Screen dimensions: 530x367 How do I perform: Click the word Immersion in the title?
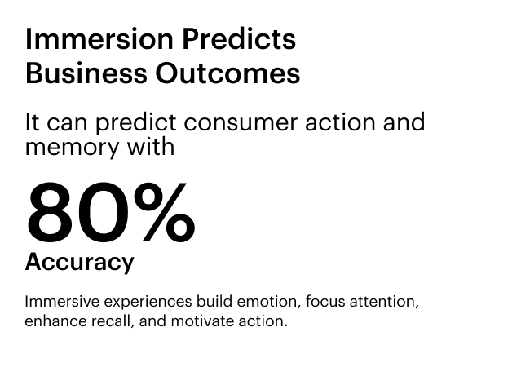[99, 39]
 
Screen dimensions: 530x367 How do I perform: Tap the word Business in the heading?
[86, 73]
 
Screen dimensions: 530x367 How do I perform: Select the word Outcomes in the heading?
[227, 73]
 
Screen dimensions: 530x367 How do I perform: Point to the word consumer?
[241, 122]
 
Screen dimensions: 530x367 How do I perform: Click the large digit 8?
[50, 212]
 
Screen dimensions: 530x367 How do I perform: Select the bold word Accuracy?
[80, 263]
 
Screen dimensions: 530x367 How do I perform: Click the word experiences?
[148, 303]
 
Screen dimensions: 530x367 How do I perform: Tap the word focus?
[325, 302]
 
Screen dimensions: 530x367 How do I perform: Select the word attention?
[384, 302]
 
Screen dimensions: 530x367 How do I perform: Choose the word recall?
[113, 321]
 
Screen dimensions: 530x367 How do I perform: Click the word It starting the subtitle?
[33, 122]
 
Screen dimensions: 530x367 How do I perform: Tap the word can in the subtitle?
[67, 124]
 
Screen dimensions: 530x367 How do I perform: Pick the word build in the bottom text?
[214, 302]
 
